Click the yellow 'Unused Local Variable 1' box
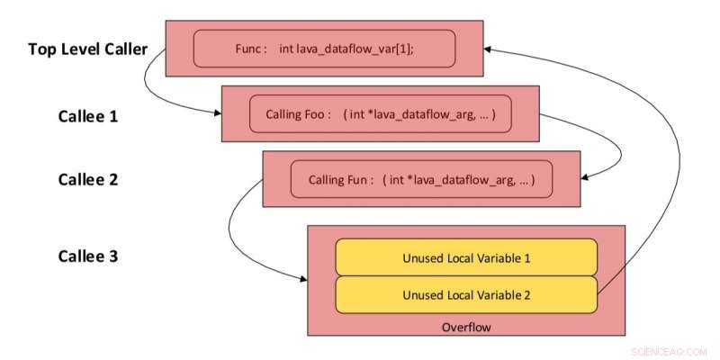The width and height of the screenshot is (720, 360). pos(465,257)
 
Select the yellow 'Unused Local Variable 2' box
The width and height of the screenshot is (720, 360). pos(465,293)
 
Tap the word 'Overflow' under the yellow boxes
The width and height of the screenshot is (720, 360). pos(466,327)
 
